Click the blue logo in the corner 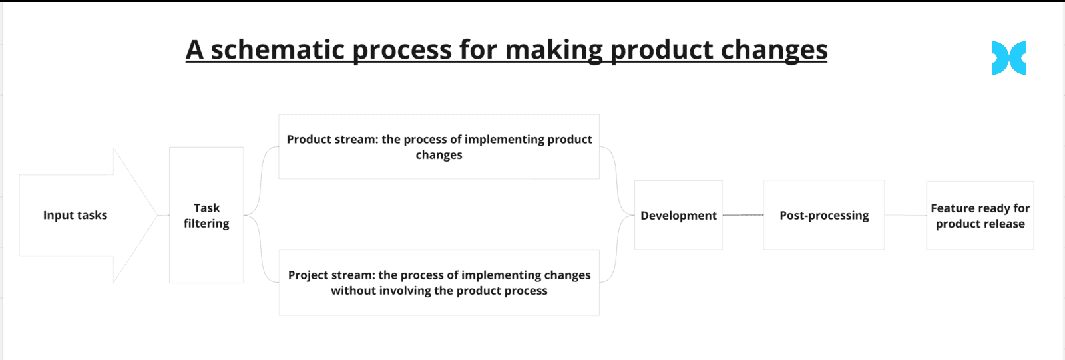[x=1008, y=58]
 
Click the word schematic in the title [x=278, y=49]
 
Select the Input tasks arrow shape [x=88, y=215]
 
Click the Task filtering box [x=206, y=215]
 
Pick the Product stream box [x=439, y=146]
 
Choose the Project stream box [x=439, y=283]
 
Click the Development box [x=678, y=215]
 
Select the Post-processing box [x=824, y=215]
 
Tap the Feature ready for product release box [x=980, y=216]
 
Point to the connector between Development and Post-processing [x=743, y=215]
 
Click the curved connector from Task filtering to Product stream [x=260, y=181]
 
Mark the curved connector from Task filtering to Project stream [x=260, y=249]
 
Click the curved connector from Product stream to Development [x=616, y=181]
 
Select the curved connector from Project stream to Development [x=616, y=249]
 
